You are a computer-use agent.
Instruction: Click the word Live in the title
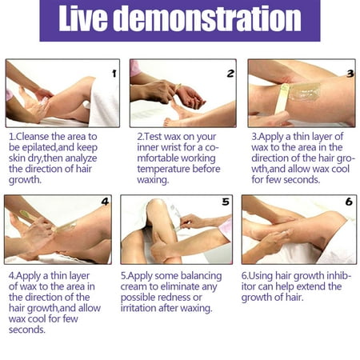click(83, 18)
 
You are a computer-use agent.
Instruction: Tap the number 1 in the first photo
click(114, 74)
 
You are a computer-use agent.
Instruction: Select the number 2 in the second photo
click(230, 74)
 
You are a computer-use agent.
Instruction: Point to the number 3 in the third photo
click(350, 74)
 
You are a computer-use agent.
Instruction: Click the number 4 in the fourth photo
click(105, 202)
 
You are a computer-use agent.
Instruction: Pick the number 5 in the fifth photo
click(226, 202)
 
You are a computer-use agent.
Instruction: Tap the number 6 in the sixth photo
click(349, 202)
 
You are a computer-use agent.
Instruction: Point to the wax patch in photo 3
click(305, 92)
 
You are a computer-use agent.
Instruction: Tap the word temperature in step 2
click(163, 169)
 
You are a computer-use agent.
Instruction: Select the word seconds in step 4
click(27, 330)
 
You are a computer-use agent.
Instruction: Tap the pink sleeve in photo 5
click(225, 227)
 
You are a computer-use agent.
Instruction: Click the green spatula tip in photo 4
click(26, 214)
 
